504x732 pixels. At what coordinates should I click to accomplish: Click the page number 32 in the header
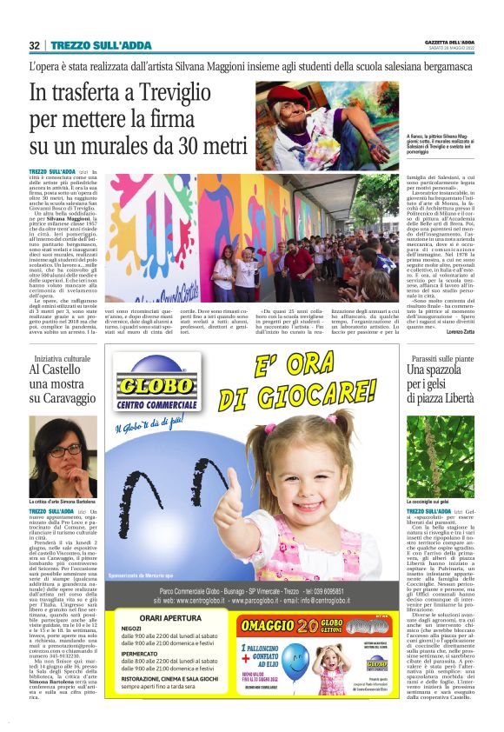click(x=34, y=45)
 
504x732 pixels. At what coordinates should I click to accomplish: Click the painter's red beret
click(x=302, y=93)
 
